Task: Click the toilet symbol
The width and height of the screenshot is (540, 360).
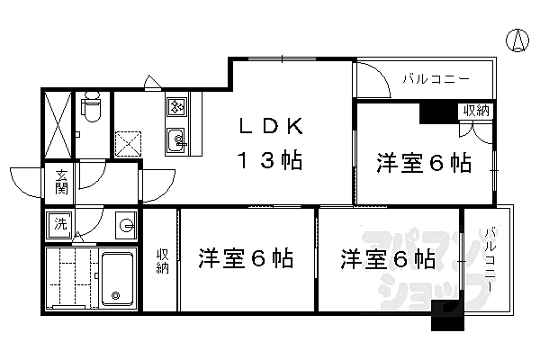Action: tap(91, 110)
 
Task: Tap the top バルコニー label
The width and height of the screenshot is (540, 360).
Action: tap(436, 79)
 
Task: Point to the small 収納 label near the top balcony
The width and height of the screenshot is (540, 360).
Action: tap(476, 111)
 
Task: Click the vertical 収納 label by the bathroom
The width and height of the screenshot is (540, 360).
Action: tap(163, 260)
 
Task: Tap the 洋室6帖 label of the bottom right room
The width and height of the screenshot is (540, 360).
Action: tap(388, 260)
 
